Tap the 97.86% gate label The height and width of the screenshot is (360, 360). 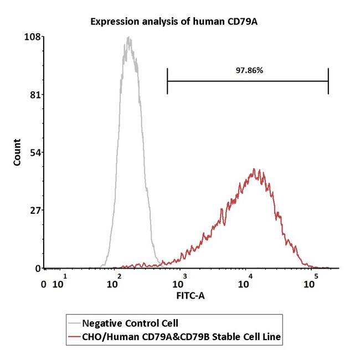[x=248, y=71]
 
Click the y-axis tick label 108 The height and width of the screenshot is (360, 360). [x=32, y=37]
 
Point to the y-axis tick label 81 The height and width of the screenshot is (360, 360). [x=34, y=95]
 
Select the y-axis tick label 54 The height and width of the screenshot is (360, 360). [x=34, y=153]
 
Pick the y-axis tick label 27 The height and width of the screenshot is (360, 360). [x=34, y=210]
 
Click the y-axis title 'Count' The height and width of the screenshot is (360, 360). [x=17, y=153]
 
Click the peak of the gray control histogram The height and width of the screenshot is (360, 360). [x=128, y=38]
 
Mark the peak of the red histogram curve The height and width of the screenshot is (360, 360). [x=254, y=169]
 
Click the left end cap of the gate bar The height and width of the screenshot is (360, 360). [x=167, y=81]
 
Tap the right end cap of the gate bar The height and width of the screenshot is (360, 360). [x=328, y=81]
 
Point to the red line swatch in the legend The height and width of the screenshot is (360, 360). [x=73, y=336]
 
